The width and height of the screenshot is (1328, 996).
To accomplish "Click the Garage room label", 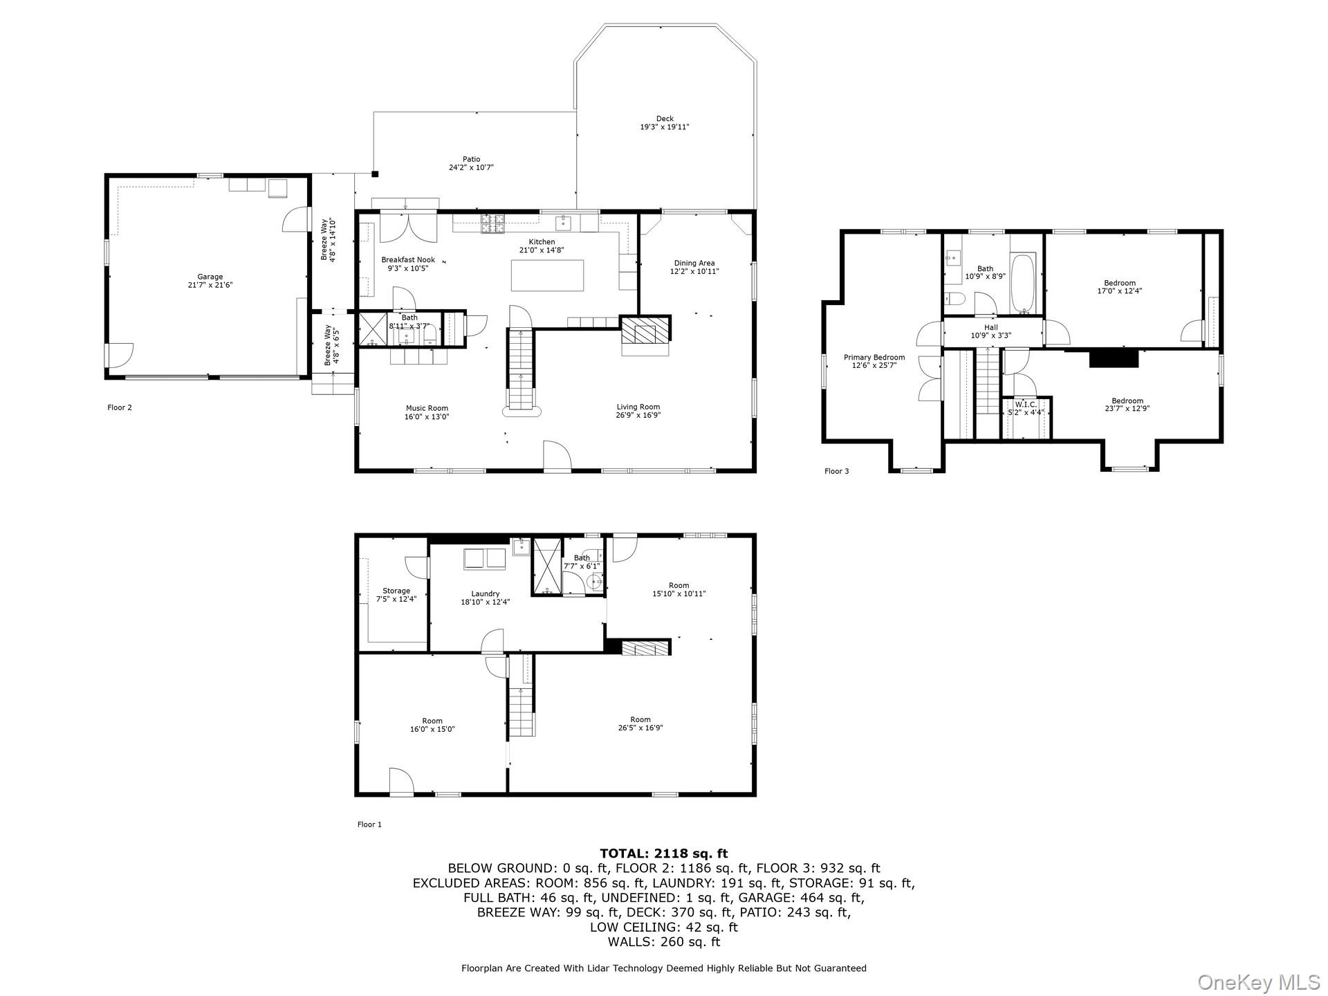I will [x=210, y=277].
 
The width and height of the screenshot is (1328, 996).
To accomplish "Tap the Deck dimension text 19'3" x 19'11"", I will [x=664, y=127].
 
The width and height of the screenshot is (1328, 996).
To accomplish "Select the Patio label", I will [x=471, y=160].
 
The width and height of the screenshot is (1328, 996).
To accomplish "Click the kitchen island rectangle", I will [x=547, y=275].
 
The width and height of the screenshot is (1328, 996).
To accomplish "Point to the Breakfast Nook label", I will [x=408, y=260].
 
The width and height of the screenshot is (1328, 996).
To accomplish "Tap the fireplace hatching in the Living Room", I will [x=645, y=330].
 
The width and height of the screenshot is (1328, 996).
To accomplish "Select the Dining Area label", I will [x=694, y=263].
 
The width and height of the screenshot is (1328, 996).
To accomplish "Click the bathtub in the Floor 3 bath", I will [x=1022, y=284].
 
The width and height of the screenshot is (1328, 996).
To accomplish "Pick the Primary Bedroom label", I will [x=874, y=358].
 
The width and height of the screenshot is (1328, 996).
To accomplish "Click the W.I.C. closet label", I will [x=1026, y=405].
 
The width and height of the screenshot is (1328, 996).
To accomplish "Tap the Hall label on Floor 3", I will [x=990, y=328].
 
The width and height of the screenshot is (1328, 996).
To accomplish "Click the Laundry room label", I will [x=485, y=593].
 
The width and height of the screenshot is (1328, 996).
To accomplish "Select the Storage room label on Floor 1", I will [x=396, y=591].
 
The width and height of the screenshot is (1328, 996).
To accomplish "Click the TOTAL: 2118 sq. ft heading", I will [x=663, y=854].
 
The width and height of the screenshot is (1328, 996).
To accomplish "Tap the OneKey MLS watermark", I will [x=1258, y=981].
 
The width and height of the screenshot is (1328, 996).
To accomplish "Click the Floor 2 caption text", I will [x=120, y=407].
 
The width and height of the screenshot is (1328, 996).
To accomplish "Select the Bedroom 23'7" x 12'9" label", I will [x=1127, y=401].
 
